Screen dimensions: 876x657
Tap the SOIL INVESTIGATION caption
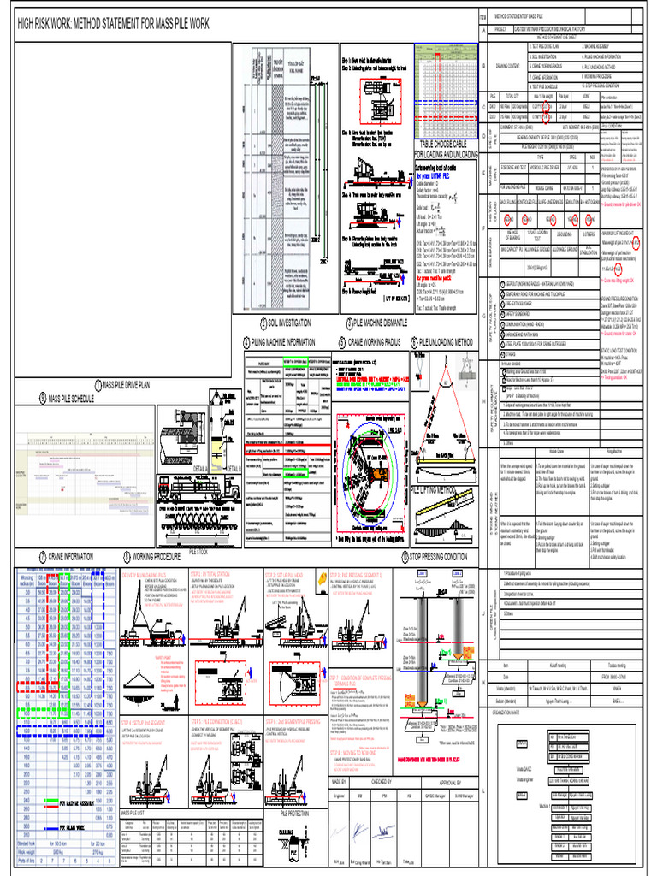click(289, 323)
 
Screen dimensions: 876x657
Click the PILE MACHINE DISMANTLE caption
click(379, 323)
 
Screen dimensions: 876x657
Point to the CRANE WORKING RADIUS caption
click(374, 342)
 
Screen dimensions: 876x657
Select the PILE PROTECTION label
click(295, 813)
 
